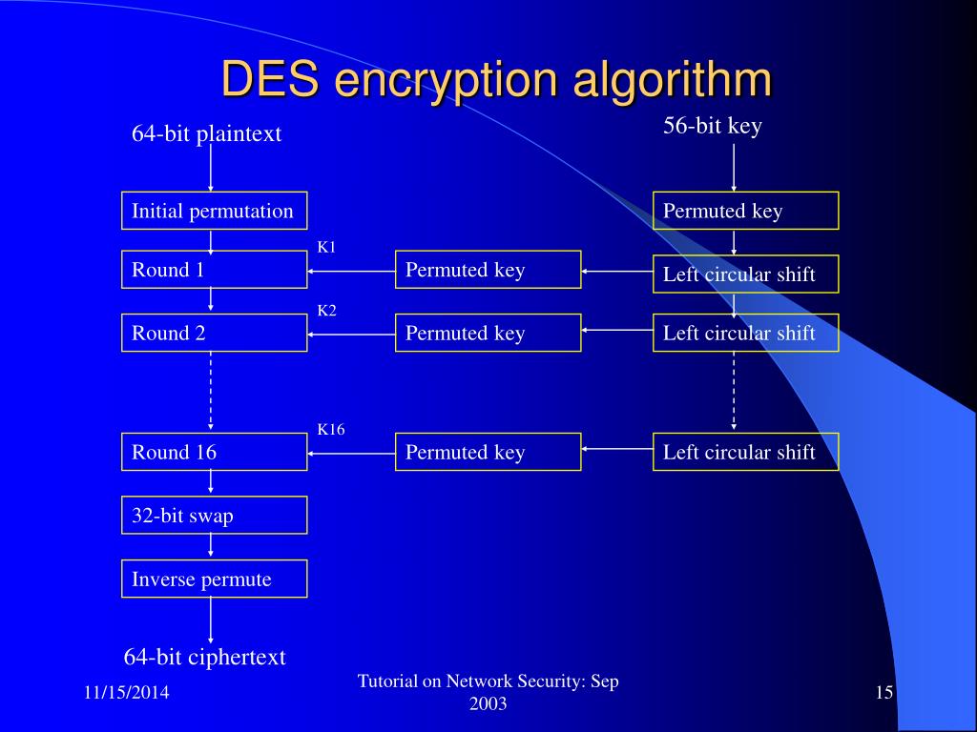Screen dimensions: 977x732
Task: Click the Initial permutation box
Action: coord(215,211)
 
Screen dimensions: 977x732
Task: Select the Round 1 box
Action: coord(215,270)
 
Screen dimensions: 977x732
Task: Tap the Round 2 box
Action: coord(215,333)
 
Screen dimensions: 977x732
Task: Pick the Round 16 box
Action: coord(215,452)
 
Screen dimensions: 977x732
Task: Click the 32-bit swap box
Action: coord(215,516)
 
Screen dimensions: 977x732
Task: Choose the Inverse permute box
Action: coord(215,579)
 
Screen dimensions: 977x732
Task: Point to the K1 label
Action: coord(326,247)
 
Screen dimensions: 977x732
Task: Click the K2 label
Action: coord(326,311)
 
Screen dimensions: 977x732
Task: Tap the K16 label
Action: coord(331,430)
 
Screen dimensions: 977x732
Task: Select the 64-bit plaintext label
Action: coord(207,133)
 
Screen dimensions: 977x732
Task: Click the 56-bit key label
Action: coord(712,126)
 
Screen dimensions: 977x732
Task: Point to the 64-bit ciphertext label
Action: coord(205,657)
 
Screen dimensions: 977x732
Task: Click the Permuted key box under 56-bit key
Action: coord(746,211)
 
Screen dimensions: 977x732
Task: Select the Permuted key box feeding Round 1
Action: coord(488,270)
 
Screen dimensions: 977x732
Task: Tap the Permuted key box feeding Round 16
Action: coord(488,452)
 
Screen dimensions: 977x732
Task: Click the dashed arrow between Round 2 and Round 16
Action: coord(211,391)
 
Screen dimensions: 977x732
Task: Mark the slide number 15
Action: coord(884,692)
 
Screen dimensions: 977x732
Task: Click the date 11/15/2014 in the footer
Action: coord(127,692)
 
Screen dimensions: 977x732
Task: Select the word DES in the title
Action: coord(270,80)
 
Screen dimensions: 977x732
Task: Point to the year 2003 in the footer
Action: coord(488,704)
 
